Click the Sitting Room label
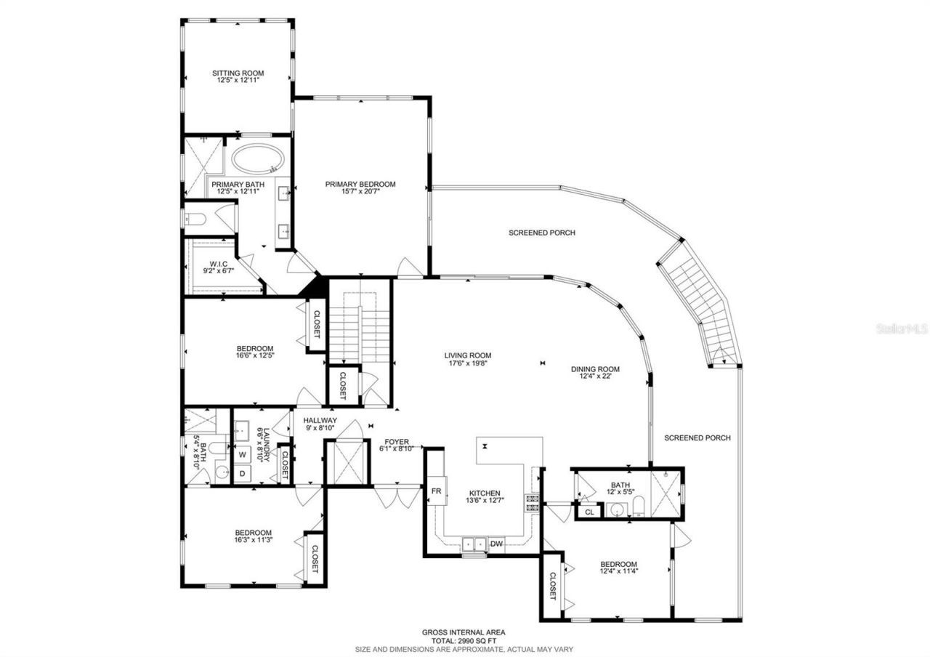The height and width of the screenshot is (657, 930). tap(238, 73)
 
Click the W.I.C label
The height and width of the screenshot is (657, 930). tap(219, 263)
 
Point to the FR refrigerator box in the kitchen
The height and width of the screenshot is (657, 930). tap(437, 491)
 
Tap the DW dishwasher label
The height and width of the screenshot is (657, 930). tap(496, 543)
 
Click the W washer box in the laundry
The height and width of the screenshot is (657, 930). tap(242, 454)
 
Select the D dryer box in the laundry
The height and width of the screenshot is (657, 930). tap(242, 472)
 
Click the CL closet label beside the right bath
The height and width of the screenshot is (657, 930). tap(589, 512)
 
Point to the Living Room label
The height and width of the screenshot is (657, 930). tap(468, 355)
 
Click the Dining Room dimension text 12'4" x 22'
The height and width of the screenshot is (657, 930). tap(599, 376)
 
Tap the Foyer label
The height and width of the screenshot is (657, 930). tap(397, 441)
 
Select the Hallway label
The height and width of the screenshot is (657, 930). tap(320, 420)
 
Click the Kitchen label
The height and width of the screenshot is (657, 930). tap(484, 493)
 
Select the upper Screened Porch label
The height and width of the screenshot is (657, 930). tap(541, 233)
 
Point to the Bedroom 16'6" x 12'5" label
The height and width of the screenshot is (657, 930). tap(254, 347)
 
